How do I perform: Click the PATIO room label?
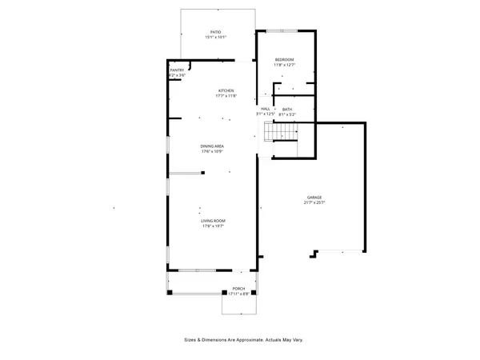tap(215, 32)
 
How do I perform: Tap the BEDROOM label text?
tap(285, 60)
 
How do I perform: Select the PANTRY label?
tap(177, 70)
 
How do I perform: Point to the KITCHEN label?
tap(226, 91)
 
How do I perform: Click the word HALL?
tap(265, 109)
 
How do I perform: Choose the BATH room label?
tap(287, 109)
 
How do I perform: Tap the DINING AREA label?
tap(212, 146)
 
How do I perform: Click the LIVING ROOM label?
tap(213, 221)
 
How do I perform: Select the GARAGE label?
tap(314, 197)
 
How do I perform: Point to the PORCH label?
tap(238, 288)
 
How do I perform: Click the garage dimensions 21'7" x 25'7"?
tap(314, 202)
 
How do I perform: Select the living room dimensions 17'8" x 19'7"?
tap(213, 226)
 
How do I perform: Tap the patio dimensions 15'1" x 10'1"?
tap(215, 38)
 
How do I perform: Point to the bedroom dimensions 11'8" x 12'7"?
tap(285, 66)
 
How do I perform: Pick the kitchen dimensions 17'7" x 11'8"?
tap(226, 97)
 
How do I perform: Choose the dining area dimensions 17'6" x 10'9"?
tap(212, 152)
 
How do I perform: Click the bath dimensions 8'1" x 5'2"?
tap(287, 114)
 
